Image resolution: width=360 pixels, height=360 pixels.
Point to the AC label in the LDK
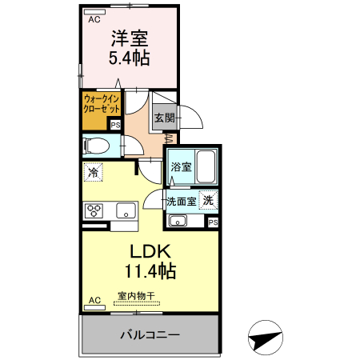coord(94,300)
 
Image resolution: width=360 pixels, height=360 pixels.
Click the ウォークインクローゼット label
coord(102,105)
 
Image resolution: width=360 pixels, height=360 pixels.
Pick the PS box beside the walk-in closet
coord(114,124)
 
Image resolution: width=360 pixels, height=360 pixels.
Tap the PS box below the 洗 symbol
coord(212,222)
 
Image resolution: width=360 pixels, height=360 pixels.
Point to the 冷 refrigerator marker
coord(94,172)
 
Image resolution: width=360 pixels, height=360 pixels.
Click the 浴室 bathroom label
coord(181,166)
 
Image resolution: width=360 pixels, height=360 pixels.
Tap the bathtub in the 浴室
coord(207,166)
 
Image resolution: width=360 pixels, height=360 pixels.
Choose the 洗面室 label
coord(180,201)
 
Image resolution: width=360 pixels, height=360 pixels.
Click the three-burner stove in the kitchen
coord(94,211)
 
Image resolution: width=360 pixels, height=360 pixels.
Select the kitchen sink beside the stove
coord(126,211)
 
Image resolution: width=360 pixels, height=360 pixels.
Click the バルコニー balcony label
coord(150,334)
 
